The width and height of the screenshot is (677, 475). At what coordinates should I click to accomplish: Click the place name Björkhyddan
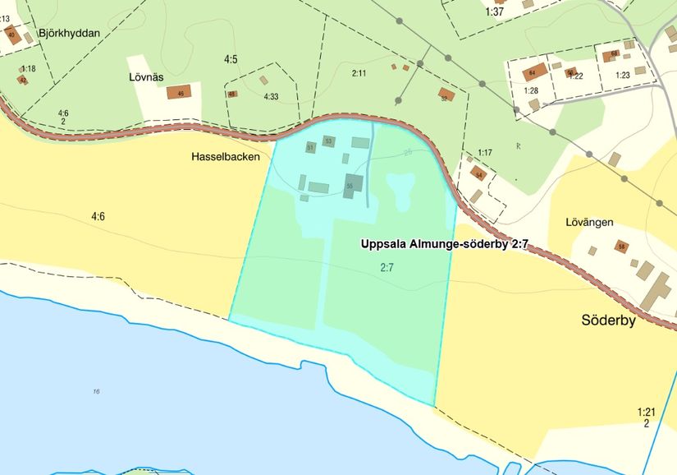(68, 34)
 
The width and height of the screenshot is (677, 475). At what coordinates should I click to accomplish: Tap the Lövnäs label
(147, 77)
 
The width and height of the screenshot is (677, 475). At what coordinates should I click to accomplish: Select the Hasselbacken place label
(226, 156)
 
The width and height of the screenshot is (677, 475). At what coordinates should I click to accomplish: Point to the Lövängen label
(590, 222)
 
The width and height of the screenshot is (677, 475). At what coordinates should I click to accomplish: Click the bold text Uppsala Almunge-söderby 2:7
(444, 244)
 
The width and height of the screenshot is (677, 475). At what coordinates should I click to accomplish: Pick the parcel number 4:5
(231, 59)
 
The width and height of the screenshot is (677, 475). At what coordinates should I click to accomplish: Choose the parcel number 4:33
(271, 97)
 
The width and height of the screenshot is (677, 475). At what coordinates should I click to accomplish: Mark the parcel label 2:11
(359, 74)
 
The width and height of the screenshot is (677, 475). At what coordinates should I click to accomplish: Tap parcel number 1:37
(494, 12)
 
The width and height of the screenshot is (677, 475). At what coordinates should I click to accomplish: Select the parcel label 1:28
(531, 90)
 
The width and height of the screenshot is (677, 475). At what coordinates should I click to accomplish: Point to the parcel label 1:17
(485, 153)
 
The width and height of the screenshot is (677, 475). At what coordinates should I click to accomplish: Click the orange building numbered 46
(179, 92)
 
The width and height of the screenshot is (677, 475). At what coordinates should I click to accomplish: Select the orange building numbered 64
(535, 72)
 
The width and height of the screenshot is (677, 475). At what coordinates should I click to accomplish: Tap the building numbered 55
(353, 183)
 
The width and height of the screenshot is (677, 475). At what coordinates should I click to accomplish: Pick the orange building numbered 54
(478, 174)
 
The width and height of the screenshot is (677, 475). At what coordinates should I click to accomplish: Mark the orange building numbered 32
(446, 95)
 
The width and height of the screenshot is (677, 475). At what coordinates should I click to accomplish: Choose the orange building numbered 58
(622, 246)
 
